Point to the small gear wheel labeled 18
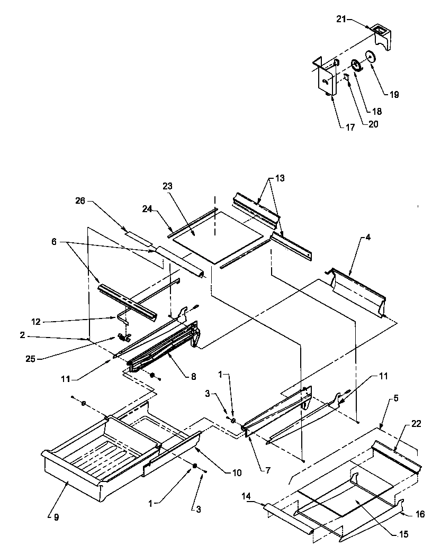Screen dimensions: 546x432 pyautogui.click(x=356, y=65)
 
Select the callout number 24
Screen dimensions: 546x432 pyautogui.click(x=147, y=209)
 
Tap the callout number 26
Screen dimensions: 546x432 pyautogui.click(x=80, y=201)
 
